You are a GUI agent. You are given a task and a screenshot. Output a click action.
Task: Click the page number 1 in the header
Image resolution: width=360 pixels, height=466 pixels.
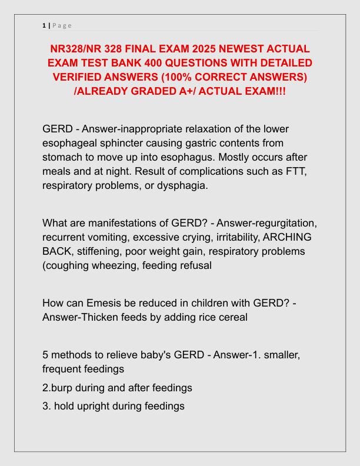(44, 25)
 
